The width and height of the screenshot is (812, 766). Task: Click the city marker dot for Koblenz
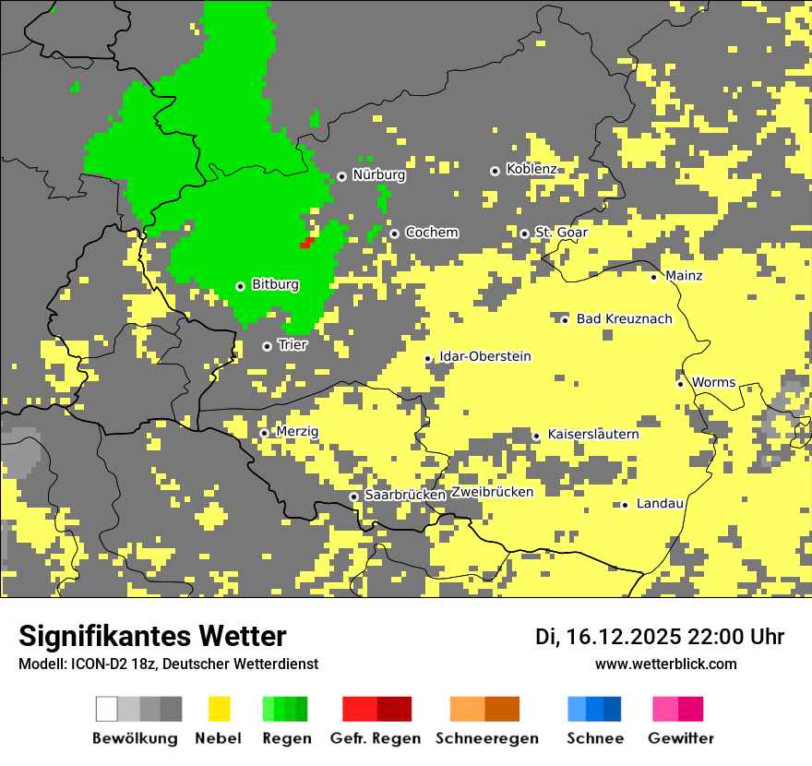click(495, 171)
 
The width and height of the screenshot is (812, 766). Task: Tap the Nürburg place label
click(378, 174)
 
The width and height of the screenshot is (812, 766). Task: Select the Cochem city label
click(431, 233)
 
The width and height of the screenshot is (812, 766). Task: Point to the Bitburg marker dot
click(240, 286)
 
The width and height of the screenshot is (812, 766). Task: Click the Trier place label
click(292, 345)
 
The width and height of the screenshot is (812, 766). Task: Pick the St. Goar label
click(561, 233)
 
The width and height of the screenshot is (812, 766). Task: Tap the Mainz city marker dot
click(653, 277)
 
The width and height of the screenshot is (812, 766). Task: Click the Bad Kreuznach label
click(624, 319)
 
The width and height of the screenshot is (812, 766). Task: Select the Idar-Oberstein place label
click(485, 356)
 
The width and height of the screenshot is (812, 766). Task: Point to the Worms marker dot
click(680, 384)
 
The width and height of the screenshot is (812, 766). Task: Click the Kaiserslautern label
click(593, 434)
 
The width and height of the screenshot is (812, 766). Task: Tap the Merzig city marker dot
click(264, 433)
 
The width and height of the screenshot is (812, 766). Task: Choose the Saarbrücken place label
click(405, 495)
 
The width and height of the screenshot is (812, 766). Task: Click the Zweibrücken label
click(492, 492)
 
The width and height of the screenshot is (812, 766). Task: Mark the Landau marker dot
click(625, 505)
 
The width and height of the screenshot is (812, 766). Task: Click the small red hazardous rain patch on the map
click(307, 243)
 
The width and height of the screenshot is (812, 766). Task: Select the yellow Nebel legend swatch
click(219, 709)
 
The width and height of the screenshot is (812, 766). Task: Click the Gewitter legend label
click(680, 738)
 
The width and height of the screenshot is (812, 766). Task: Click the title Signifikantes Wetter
click(152, 637)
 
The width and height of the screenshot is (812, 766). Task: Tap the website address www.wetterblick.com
click(665, 664)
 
